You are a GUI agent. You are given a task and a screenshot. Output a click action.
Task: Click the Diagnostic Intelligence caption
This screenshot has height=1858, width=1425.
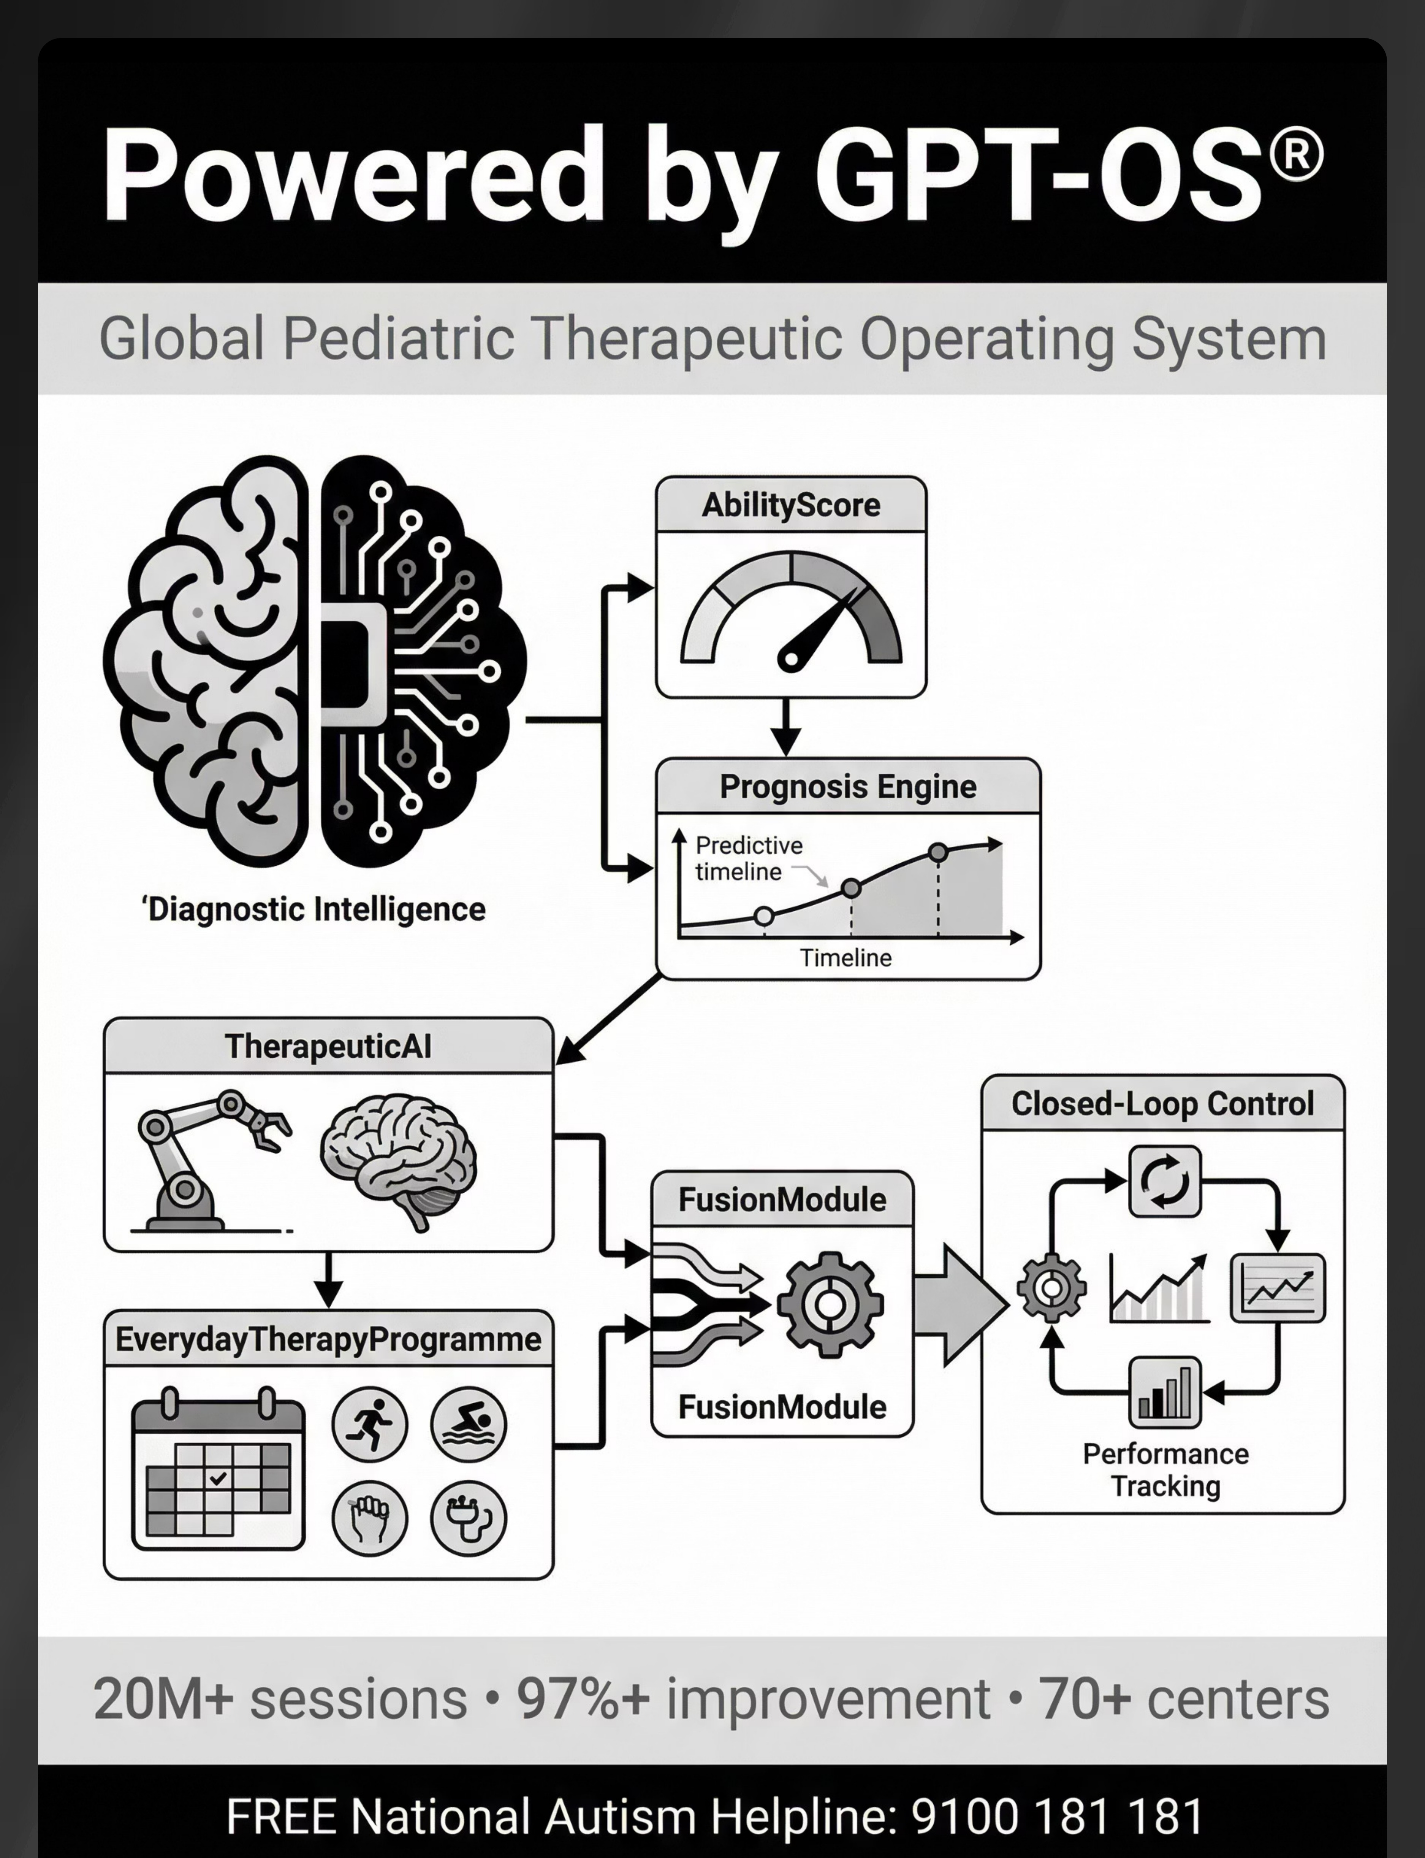314,909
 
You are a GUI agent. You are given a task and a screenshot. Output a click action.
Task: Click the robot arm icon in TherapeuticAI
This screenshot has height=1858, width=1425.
212,1160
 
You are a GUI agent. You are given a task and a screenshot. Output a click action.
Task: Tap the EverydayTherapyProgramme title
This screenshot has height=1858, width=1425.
328,1340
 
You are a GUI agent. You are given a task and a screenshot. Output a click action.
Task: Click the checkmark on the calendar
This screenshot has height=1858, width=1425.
218,1478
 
